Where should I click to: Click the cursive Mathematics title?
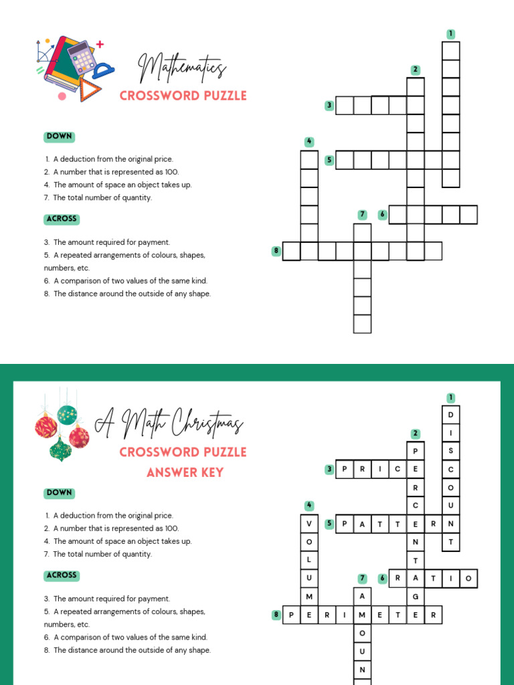[x=182, y=69]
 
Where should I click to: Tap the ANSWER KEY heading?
[x=185, y=473]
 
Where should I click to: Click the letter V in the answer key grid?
[x=309, y=524]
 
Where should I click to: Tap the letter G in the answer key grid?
[x=416, y=597]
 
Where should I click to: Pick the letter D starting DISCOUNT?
[x=451, y=415]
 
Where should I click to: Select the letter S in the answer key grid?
[x=451, y=452]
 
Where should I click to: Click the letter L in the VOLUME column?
[x=309, y=560]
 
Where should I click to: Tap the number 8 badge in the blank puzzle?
[x=275, y=251]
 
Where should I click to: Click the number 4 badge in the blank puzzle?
[x=309, y=142]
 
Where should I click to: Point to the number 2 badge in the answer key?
[x=416, y=433]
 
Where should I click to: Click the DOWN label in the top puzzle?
[x=59, y=136]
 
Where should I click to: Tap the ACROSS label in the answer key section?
[x=62, y=575]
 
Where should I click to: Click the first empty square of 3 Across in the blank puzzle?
[x=344, y=106]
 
